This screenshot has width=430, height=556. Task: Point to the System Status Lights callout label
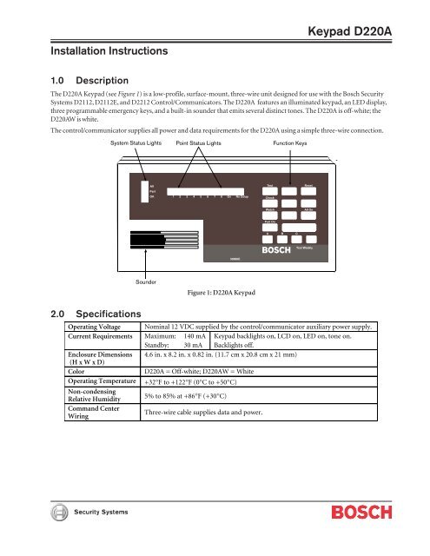coord(135,142)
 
